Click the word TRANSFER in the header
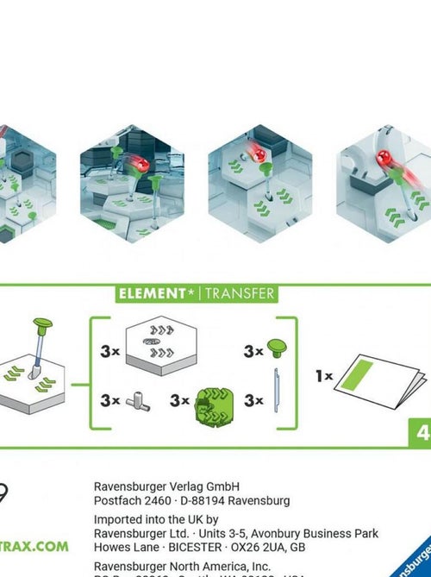[x=239, y=293]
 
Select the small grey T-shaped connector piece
[x=136, y=401]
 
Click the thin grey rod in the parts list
[x=277, y=399]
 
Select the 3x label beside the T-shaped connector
[x=109, y=401]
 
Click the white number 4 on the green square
[x=422, y=433]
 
